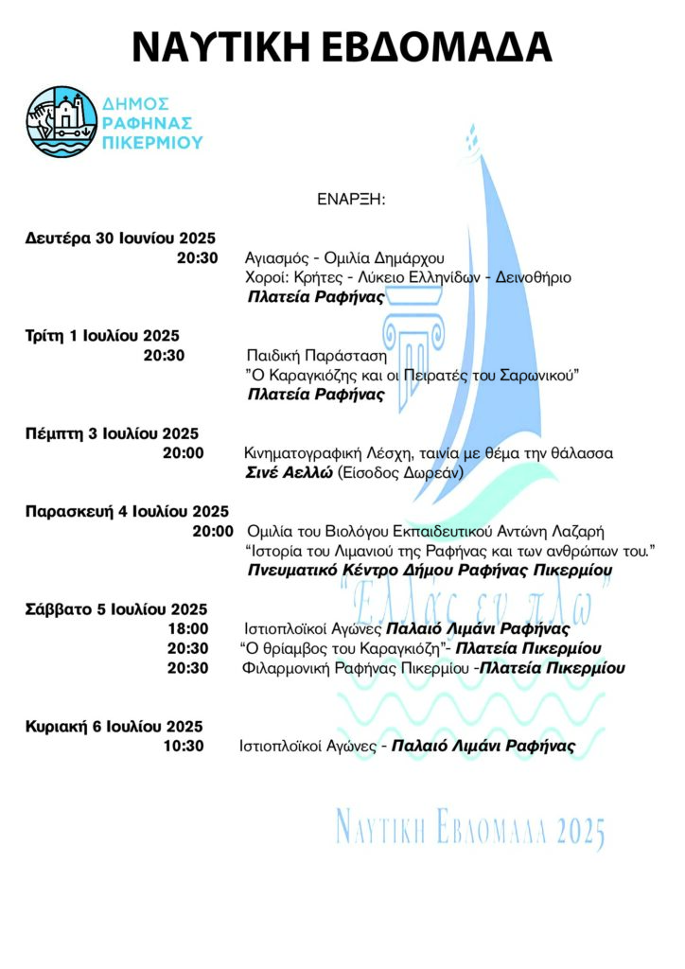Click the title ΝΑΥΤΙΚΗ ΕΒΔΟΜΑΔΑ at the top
coord(342,45)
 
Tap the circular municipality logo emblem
coord(60,121)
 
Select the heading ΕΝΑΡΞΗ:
coord(353,201)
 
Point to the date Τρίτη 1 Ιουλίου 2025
coord(102,335)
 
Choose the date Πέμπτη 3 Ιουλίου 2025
coord(112,433)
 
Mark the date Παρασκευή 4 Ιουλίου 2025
coord(127,511)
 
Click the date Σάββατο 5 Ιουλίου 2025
coord(116,609)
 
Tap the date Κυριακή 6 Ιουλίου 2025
coord(114,727)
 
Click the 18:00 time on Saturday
coord(187,629)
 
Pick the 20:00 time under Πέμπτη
coord(184,453)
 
